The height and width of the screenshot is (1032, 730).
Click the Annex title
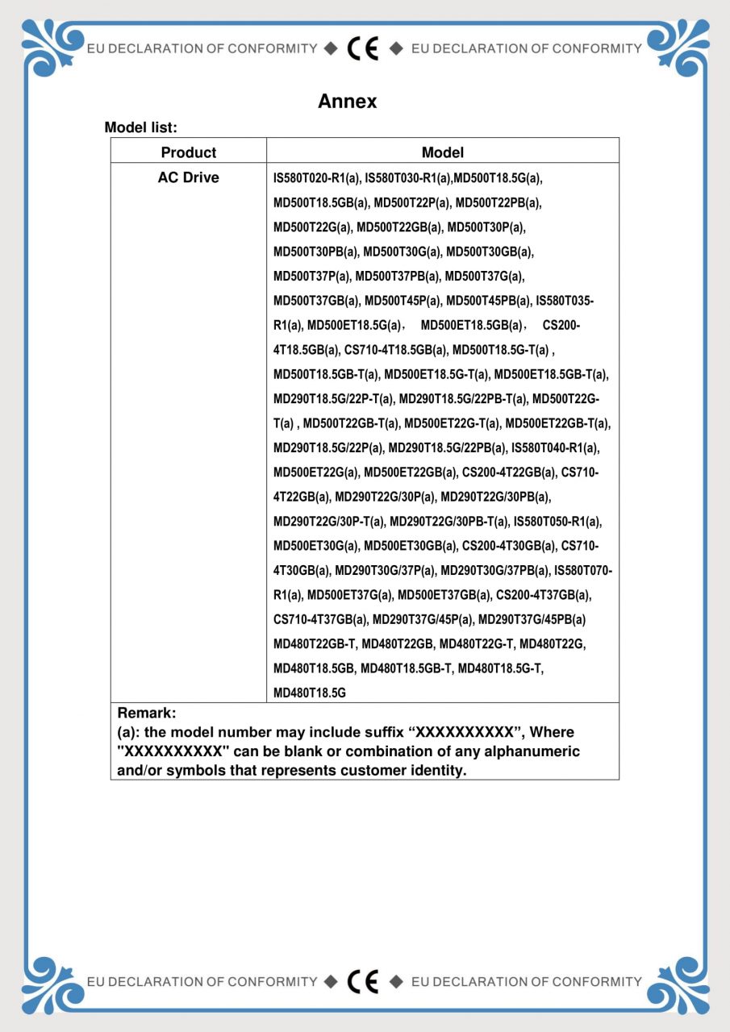pos(347,102)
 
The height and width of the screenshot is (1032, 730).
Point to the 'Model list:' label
pos(141,127)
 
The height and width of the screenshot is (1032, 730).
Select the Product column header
pos(189,152)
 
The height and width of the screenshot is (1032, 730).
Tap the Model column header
pos(442,152)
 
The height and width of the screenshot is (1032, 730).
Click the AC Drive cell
pos(189,177)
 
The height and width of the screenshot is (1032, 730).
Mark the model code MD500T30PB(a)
pos(317,252)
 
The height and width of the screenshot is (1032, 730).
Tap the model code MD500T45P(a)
pos(403,301)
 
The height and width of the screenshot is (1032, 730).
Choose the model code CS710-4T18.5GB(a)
pos(395,350)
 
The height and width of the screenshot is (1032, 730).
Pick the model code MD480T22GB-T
pos(315,644)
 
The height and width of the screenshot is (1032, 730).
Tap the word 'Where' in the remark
pos(552,733)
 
